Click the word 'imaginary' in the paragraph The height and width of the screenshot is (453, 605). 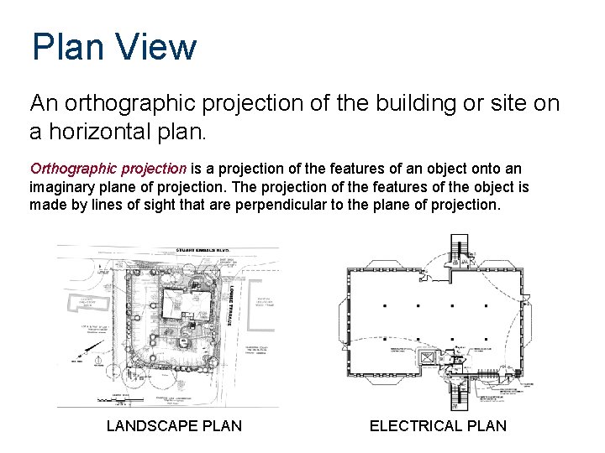click(61, 186)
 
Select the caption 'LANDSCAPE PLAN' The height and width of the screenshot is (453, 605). click(174, 426)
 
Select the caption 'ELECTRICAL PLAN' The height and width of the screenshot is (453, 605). click(438, 426)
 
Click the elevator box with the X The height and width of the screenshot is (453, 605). click(427, 358)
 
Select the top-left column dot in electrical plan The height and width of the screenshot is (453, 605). click(385, 306)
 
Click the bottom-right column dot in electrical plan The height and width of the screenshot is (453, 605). click(487, 342)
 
